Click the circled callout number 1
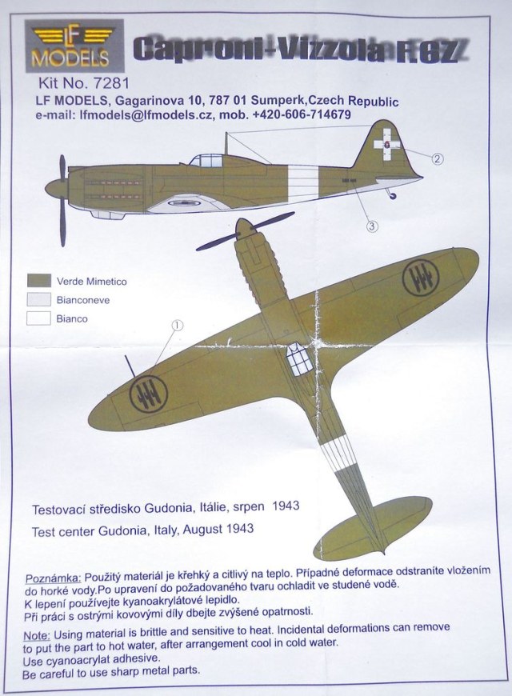tap(178, 326)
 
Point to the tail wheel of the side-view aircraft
tap(391, 197)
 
